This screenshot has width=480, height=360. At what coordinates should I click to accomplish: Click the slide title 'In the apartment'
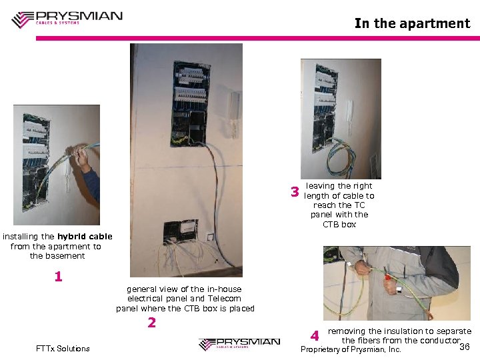tap(412, 23)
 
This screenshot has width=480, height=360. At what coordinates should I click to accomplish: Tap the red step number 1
tap(58, 276)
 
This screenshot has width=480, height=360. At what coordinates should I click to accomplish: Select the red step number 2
tap(151, 323)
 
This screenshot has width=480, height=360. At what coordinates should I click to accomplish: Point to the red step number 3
tap(295, 193)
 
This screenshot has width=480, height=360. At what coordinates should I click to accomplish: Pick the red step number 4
tap(314, 336)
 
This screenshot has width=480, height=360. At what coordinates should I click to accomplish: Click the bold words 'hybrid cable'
tap(85, 237)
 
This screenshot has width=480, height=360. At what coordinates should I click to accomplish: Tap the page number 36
tap(465, 346)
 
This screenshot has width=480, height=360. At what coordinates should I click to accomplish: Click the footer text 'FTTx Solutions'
tap(63, 349)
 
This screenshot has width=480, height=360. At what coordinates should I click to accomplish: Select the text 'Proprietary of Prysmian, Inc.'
tap(351, 349)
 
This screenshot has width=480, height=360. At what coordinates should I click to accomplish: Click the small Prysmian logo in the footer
tap(239, 343)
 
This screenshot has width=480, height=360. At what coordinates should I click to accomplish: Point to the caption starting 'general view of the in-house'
tap(185, 299)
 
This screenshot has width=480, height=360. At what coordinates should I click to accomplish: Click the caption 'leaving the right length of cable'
tap(339, 205)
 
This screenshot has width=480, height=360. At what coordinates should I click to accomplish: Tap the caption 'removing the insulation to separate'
tap(399, 336)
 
